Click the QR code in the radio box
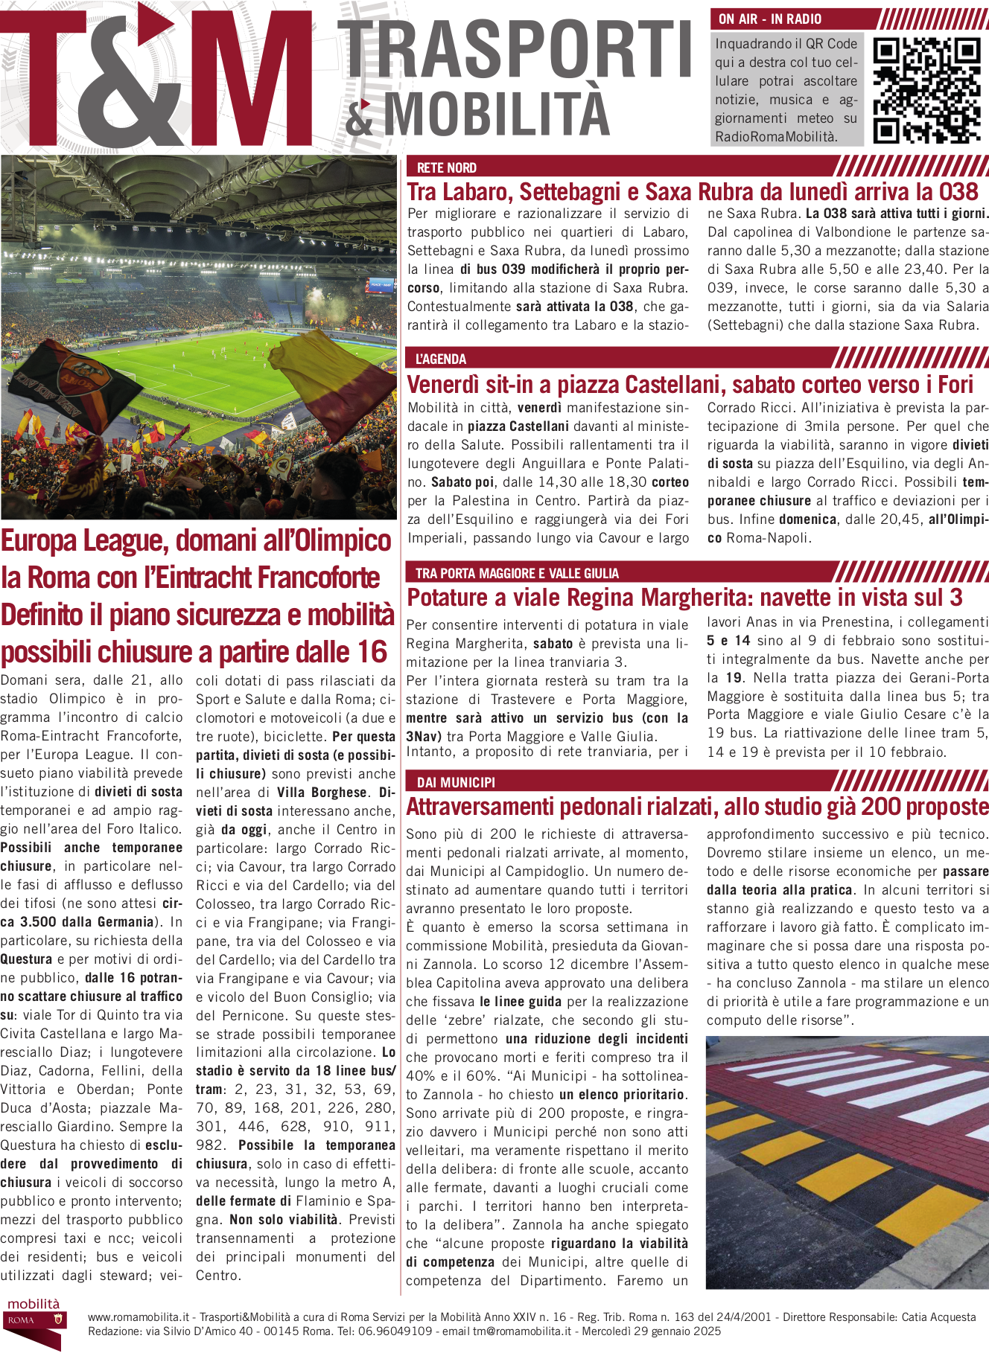click(926, 90)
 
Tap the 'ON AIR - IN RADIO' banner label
click(770, 19)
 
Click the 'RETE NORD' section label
click(446, 167)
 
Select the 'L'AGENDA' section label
click(441, 359)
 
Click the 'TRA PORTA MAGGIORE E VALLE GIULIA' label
click(517, 573)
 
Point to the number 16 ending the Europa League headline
click(371, 652)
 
